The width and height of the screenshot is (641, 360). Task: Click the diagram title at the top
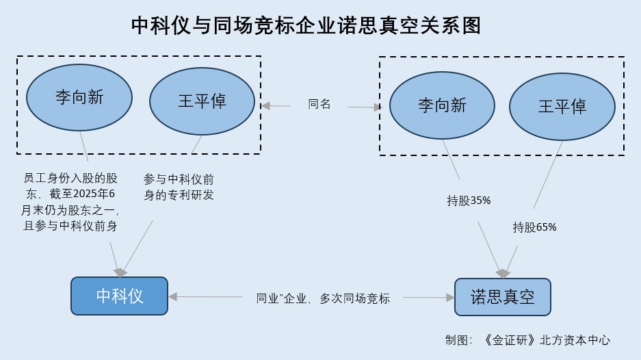pos(306,25)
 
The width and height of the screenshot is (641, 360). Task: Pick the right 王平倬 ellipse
pos(562,106)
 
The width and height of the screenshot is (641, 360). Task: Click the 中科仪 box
pos(119,296)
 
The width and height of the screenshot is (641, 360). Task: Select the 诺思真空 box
pos(502,296)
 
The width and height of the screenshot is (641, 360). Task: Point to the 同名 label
pos(319,104)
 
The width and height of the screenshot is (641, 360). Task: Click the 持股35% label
pos(469,201)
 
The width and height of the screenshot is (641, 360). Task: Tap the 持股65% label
pos(534,227)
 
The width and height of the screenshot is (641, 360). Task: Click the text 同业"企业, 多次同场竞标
pos(323,298)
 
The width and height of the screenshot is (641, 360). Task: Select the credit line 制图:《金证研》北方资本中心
pos(527,339)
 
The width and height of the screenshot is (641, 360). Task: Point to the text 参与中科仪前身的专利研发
pos(179,187)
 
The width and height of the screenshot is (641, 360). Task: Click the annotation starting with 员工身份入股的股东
pos(70,203)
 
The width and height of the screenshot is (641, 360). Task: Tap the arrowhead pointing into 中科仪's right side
pos(172,296)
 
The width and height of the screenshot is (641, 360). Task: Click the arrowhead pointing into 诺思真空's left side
pos(450,297)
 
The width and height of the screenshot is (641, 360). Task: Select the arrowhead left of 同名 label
pos(266,105)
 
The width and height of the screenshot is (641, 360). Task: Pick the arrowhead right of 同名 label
pos(377,107)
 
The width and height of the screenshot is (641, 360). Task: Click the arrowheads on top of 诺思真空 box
pos(503,273)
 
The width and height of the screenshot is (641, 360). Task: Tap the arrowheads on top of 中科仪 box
pos(120,272)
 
